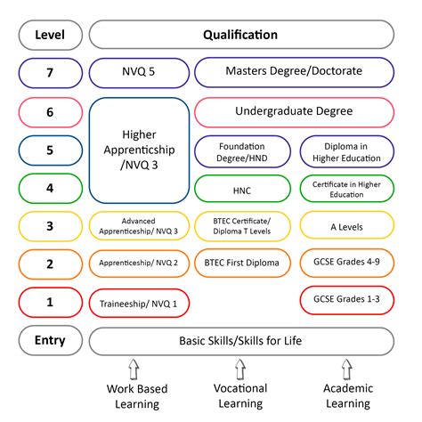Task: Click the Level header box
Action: click(x=51, y=35)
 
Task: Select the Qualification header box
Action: click(x=241, y=35)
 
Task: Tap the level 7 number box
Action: click(x=51, y=73)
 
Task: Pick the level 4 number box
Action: click(x=51, y=188)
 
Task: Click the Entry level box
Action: click(x=51, y=340)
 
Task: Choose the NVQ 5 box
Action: click(x=139, y=73)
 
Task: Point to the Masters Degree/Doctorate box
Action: click(x=295, y=72)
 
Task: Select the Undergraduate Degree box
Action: click(x=295, y=112)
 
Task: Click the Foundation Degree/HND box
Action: click(x=242, y=151)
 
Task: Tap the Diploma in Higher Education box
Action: click(x=347, y=151)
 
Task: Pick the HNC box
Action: click(x=242, y=189)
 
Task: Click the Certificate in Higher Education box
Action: click(x=347, y=189)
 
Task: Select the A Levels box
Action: click(x=347, y=225)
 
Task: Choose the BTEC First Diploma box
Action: click(x=242, y=263)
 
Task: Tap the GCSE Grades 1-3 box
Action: click(x=347, y=300)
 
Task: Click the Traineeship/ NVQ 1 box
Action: click(x=139, y=303)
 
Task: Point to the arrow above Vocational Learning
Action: click(x=240, y=369)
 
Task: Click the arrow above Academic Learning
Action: click(x=346, y=369)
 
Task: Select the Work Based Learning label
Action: click(x=137, y=396)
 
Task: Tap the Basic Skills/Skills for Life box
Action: click(x=241, y=341)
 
